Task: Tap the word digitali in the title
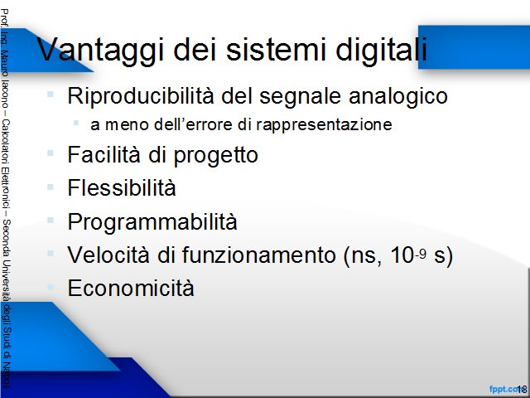(x=381, y=49)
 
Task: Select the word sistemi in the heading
(x=276, y=49)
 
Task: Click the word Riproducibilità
(x=141, y=96)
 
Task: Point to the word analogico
(x=398, y=96)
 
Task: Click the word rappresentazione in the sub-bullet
(x=324, y=125)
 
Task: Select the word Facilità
(x=104, y=154)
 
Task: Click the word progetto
(x=215, y=156)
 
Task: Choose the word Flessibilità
(x=122, y=187)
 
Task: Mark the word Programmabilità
(x=152, y=222)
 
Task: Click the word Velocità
(x=108, y=255)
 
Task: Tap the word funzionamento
(x=259, y=255)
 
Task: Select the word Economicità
(x=131, y=288)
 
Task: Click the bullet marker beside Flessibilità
(x=51, y=187)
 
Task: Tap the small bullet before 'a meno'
(x=76, y=123)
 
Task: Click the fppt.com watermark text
(x=506, y=389)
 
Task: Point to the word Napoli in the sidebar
(x=6, y=375)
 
